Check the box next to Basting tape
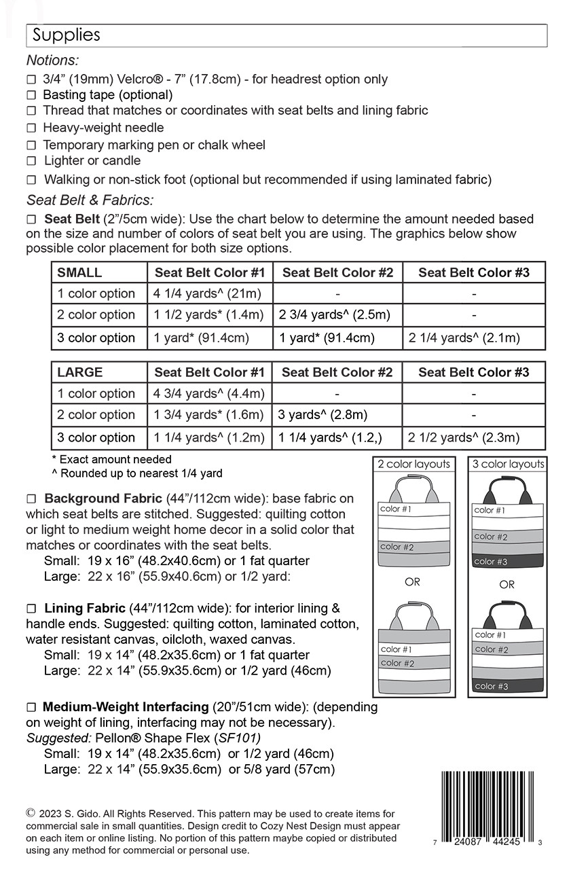31,95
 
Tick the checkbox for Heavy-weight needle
31,128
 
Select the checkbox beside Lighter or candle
31,162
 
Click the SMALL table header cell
79,273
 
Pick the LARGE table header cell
80,372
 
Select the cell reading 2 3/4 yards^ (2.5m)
336,314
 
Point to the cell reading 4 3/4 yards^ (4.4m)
209,393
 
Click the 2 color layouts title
413,465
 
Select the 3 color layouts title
508,465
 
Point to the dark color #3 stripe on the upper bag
506,562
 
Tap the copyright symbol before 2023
31,812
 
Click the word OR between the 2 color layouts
412,582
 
